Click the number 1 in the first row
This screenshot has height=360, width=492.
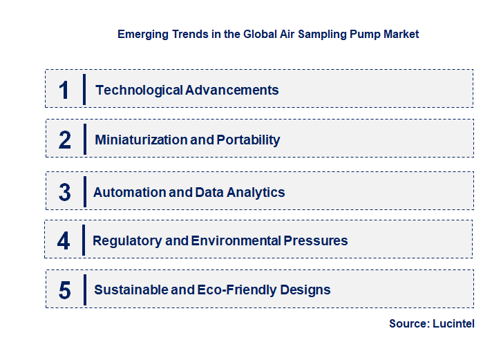coord(64,90)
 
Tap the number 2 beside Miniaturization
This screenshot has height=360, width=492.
coord(65,140)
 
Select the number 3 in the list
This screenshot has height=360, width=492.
coord(65,193)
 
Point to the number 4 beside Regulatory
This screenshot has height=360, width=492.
coord(64,241)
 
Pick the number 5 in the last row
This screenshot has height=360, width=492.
coord(65,290)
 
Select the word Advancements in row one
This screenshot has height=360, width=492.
coord(232,90)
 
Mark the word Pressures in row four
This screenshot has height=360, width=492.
coord(315,241)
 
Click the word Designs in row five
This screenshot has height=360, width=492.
coord(305,290)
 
